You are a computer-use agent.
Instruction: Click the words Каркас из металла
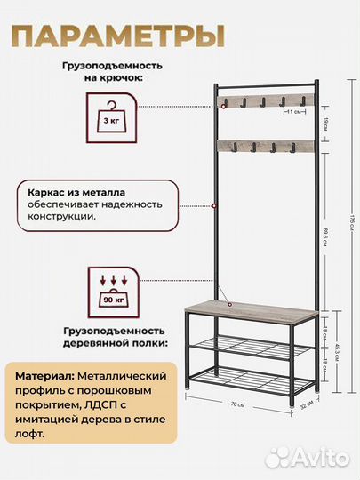point(75,190)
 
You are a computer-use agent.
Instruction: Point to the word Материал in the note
point(45,374)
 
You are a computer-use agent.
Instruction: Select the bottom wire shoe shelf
point(252,383)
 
